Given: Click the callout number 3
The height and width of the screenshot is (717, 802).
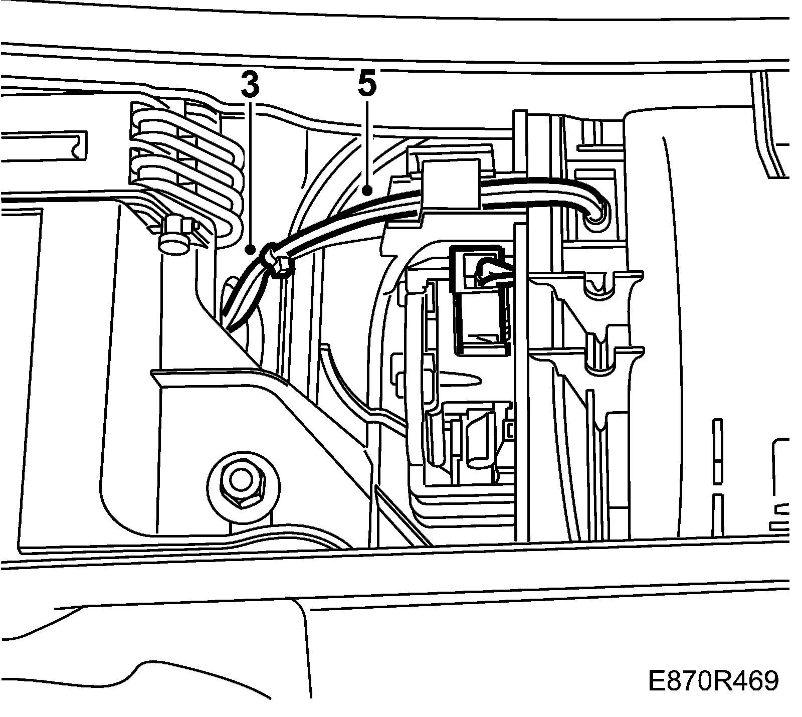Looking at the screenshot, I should tap(250, 85).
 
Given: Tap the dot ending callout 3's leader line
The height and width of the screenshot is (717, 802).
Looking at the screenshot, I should tap(251, 249).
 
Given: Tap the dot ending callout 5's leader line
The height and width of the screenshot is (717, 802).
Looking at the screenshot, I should tap(368, 191).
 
